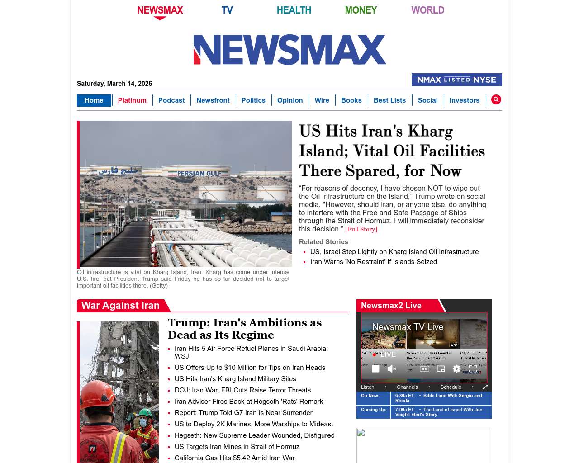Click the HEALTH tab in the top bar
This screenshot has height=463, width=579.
coord(294,10)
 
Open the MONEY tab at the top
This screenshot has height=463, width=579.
coord(361,10)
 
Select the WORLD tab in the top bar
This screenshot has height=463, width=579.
coord(427,10)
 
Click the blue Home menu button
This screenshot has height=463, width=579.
coord(94,100)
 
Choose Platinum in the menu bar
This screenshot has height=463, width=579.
coord(132,100)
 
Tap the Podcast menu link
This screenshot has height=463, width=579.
coord(171,100)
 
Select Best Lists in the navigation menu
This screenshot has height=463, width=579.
coord(389,100)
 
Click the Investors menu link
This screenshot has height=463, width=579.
coord(464,100)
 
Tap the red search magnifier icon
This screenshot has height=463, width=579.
coord(496,99)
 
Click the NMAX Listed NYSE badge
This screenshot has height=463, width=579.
coord(456,80)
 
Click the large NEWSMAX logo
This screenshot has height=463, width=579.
coord(289,50)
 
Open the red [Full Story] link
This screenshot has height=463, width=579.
coord(361,229)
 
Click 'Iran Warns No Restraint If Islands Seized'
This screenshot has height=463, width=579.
coord(373,262)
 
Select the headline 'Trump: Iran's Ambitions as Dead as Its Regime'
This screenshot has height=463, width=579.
coord(244,329)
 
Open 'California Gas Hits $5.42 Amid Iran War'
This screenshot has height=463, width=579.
coord(234,458)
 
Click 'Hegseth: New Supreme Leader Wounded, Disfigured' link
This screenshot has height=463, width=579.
coord(254,435)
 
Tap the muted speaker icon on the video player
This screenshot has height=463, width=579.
coord(392,369)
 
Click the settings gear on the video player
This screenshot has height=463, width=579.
coord(456,369)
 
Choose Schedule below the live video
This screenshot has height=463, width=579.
coord(451,387)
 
